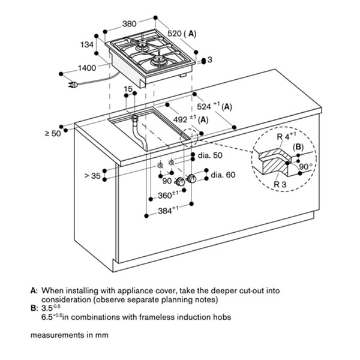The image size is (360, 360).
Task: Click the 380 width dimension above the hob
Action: coord(129,23)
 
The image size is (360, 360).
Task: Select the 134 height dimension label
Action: coord(87,44)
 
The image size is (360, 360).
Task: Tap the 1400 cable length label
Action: coord(87,68)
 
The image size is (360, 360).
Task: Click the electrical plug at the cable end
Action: coord(73,85)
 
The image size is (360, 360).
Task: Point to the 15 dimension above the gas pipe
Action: coord(128,89)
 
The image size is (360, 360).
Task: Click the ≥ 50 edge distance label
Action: coord(53,133)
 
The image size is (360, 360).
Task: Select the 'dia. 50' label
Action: coord(210,155)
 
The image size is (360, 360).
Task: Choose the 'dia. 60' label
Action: coord(223,175)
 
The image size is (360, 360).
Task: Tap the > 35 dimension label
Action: coord(92,176)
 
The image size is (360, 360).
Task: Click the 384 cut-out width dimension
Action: coord(168,211)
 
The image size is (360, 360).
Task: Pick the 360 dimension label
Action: coord(168,195)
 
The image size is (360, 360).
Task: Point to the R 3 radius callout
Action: coord(280,184)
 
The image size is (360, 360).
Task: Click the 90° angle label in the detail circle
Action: coord(305,166)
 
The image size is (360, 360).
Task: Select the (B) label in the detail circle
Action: coord(298,147)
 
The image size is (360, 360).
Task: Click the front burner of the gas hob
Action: coord(158,61)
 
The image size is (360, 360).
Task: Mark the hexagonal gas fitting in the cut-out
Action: coord(134,118)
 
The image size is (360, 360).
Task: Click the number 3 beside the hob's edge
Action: coord(210,59)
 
